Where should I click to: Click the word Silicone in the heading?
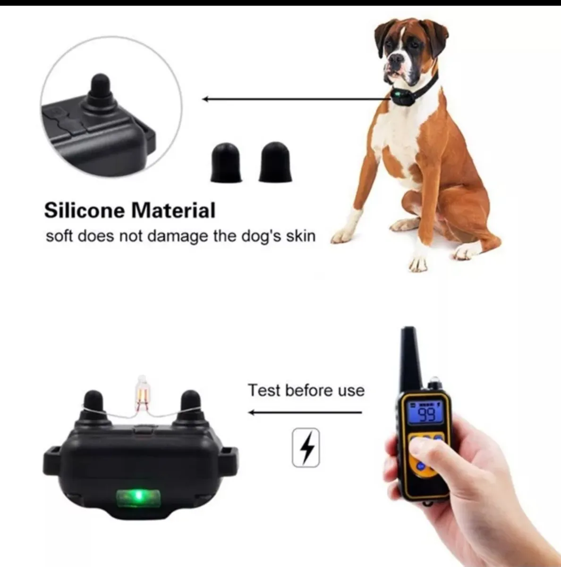[85, 210]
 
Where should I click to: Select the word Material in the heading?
[173, 210]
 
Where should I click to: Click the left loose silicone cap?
[226, 163]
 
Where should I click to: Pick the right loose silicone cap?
[275, 162]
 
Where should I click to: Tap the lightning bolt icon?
[306, 447]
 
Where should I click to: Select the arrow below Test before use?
[306, 412]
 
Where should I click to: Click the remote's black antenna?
[409, 358]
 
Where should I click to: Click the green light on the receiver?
[138, 496]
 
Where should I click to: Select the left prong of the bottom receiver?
[94, 407]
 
